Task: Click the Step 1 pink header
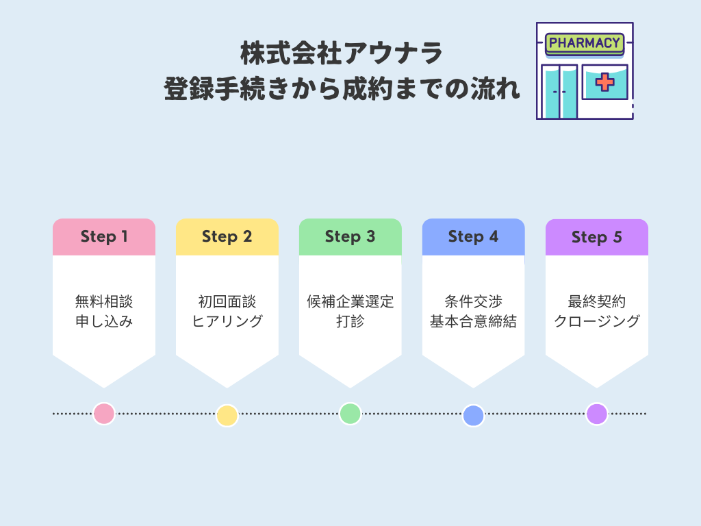[104, 237]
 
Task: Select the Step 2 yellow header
[227, 237]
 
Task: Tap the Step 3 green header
[350, 237]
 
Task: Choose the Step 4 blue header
[474, 237]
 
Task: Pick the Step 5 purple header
[597, 238]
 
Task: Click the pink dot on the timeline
[104, 414]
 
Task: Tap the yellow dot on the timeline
[227, 416]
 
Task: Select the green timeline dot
[350, 414]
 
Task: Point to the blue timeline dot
[473, 416]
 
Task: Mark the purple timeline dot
[597, 414]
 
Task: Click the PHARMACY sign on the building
[584, 43]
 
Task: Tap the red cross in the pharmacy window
[604, 82]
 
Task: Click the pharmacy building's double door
[559, 92]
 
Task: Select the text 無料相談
[104, 302]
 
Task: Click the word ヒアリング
[227, 321]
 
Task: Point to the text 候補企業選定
[350, 302]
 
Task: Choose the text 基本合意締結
[474, 321]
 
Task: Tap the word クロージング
[597, 321]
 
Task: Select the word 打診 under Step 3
[350, 321]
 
